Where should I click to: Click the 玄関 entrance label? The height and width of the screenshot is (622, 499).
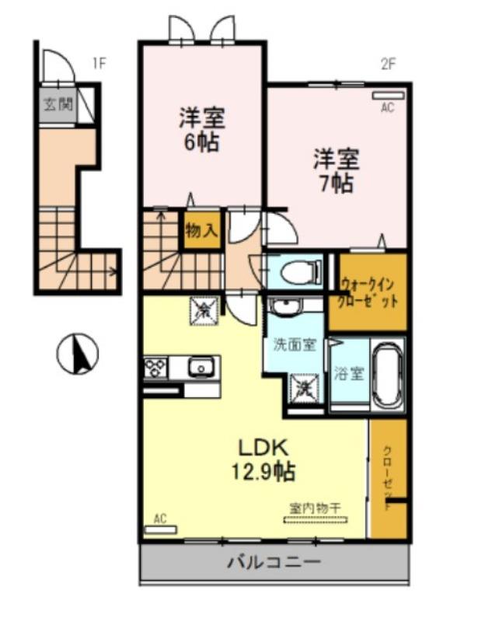click(58, 103)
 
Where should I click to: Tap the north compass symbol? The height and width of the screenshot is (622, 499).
click(78, 354)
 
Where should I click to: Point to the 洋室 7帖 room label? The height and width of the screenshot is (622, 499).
click(336, 170)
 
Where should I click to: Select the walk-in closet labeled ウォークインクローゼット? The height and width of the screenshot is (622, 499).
click(368, 292)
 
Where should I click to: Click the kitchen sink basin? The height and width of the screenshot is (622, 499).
click(201, 365)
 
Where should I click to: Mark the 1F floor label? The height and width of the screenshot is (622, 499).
click(99, 62)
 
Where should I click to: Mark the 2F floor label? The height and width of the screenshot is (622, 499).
click(388, 64)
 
